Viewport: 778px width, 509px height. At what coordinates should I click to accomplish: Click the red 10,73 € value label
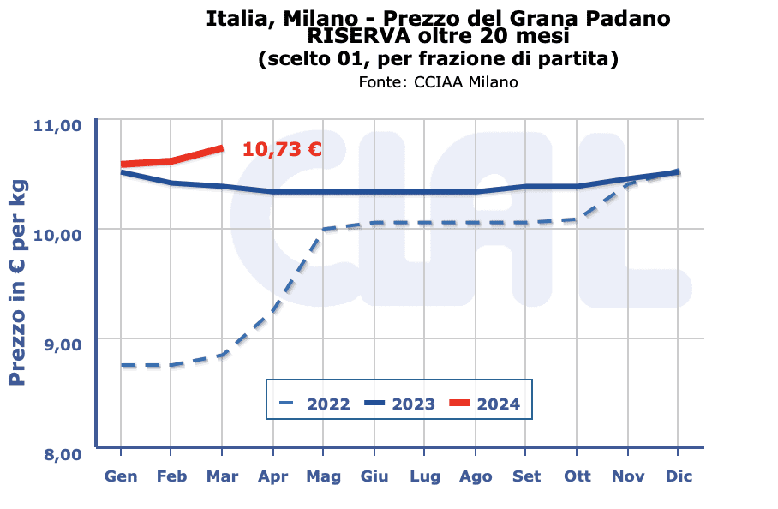click(x=282, y=149)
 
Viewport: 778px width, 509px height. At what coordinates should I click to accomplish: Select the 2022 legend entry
click(x=314, y=404)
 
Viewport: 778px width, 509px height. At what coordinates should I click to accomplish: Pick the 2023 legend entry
click(x=400, y=404)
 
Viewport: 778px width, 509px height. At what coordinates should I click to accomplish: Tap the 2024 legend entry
click(x=485, y=404)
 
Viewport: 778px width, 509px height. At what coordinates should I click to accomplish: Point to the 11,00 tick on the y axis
click(x=57, y=125)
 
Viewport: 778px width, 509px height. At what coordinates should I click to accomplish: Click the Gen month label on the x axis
click(x=121, y=476)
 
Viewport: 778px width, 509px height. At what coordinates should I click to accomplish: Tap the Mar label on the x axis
click(x=222, y=476)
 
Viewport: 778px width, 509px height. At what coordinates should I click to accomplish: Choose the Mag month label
click(x=323, y=476)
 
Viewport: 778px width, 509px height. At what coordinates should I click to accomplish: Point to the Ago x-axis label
click(x=476, y=476)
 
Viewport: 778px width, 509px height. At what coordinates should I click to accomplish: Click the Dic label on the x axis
click(x=679, y=476)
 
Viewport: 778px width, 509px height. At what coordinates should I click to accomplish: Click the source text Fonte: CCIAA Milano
click(x=439, y=82)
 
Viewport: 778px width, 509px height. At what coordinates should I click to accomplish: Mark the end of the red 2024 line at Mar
click(x=222, y=148)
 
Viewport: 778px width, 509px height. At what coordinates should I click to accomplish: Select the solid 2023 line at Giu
click(x=374, y=192)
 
